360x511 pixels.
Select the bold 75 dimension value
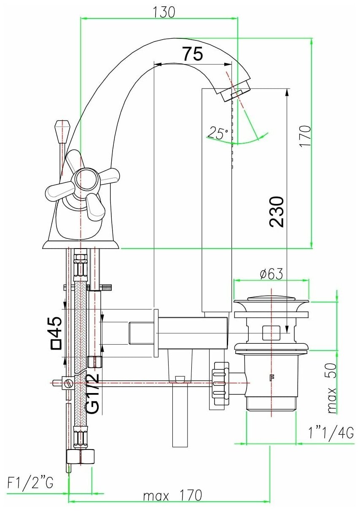[x=193, y=54]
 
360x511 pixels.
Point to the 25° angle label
[x=217, y=134]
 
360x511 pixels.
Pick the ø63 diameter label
[x=271, y=274]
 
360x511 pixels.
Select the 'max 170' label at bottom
[x=172, y=495]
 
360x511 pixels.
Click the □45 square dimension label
[x=56, y=333]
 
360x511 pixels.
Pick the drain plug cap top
[x=271, y=300]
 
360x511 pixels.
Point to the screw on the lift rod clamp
[x=67, y=383]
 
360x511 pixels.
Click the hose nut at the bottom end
[x=81, y=456]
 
